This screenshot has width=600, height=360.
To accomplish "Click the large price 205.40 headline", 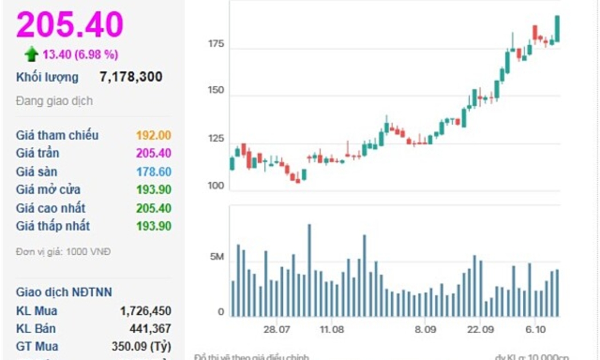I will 70,25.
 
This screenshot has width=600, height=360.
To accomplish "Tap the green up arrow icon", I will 31,54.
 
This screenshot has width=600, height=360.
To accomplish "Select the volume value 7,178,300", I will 131,77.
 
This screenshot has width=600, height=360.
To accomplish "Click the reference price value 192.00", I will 153,135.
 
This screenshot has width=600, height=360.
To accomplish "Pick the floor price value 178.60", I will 153,171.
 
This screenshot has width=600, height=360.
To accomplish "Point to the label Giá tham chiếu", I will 57,135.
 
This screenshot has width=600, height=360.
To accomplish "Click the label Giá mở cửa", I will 48,190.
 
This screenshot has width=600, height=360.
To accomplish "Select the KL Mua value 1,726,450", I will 145,311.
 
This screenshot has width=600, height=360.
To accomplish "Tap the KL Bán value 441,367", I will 150,329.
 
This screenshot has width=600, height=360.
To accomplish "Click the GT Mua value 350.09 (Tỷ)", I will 141,346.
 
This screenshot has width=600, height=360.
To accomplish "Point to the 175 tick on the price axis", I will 216,44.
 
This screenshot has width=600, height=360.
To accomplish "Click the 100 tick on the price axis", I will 216,186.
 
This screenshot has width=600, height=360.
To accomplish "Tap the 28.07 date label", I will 277,330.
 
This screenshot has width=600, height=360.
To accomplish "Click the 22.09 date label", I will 480,330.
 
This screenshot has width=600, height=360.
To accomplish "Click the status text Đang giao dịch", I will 54,101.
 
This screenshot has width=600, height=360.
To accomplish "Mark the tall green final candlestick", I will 557,29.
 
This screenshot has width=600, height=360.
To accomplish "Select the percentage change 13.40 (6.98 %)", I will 81,54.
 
